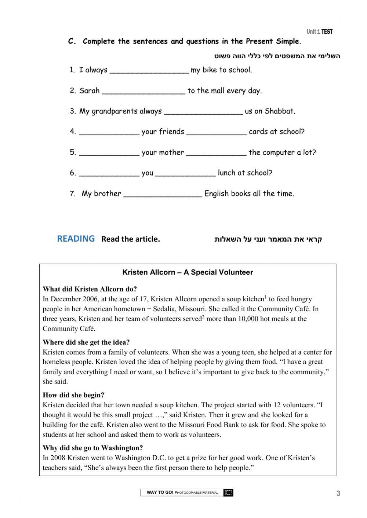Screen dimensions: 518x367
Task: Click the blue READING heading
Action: [x=76, y=239]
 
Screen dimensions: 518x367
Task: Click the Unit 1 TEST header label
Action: [x=319, y=32]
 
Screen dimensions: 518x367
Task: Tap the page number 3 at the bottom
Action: [x=338, y=493]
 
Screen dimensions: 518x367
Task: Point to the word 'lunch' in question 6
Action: [x=228, y=173]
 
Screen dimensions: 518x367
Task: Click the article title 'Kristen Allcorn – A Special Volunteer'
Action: [x=188, y=272]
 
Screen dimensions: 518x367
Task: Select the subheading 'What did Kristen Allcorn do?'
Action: [x=90, y=289]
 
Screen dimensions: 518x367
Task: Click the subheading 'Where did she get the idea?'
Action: [x=86, y=342]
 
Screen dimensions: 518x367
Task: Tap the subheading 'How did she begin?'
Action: [x=73, y=395]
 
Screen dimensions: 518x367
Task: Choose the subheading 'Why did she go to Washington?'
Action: [x=93, y=448]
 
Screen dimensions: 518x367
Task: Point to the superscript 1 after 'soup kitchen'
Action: [x=265, y=297]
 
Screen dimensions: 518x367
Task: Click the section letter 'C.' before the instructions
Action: [x=72, y=41]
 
